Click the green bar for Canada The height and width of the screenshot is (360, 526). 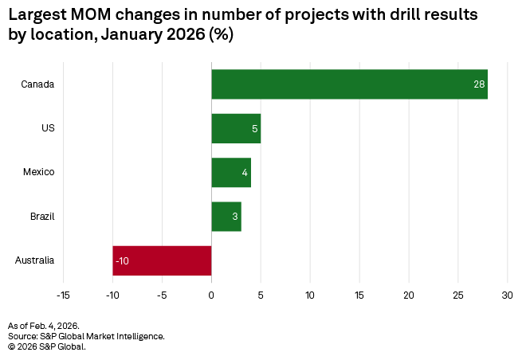349,84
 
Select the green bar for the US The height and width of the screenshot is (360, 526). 236,128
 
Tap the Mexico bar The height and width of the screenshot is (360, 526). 231,172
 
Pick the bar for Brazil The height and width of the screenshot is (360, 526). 226,216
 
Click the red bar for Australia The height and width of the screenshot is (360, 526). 162,260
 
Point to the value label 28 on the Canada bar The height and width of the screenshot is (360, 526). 479,84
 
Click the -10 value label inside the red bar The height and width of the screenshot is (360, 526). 123,260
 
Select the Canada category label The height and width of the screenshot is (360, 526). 37,84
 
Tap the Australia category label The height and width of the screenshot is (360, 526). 34,260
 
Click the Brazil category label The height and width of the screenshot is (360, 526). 41,216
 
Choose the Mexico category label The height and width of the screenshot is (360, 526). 40,172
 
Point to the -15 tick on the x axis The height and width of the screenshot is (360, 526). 63,295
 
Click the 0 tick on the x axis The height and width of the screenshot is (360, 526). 211,295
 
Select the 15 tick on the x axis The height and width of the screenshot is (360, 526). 359,295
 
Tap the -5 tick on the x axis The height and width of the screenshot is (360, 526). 162,295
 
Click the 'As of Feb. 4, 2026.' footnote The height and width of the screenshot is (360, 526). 43,327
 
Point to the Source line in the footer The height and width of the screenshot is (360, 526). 86,336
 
